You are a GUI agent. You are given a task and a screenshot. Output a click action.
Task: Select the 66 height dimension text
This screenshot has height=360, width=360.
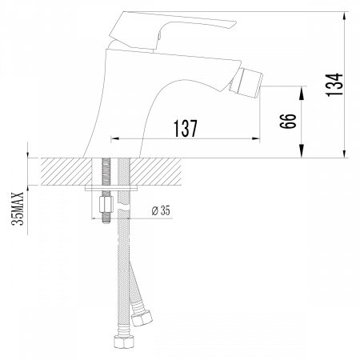(x=289, y=122)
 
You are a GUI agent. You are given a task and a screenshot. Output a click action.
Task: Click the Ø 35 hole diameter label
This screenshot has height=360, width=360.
(x=162, y=210)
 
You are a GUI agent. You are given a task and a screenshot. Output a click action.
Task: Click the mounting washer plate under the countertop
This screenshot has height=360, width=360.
(x=113, y=190)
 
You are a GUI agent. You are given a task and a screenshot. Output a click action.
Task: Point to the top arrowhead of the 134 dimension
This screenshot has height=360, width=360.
(x=344, y=15)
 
